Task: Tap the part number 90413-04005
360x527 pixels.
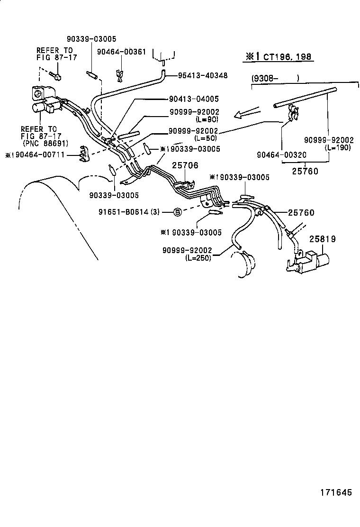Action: tap(194, 99)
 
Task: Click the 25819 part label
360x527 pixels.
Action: tap(323, 239)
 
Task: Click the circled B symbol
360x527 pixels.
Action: tap(177, 212)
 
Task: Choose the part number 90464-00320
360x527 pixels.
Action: tap(281, 154)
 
